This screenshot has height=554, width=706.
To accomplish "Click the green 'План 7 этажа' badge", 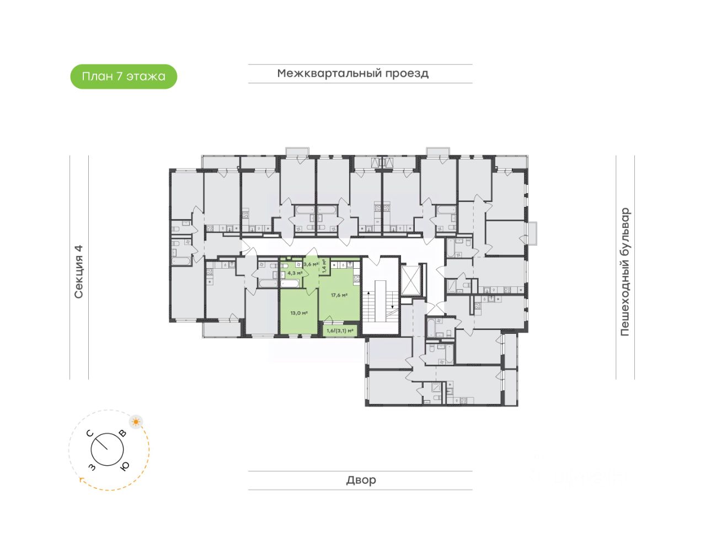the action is point(124,77).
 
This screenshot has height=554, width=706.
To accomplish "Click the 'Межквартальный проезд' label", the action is point(353,73).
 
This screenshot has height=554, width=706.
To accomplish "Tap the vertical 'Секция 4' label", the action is point(79,271).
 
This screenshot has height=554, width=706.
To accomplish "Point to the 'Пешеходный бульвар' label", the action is point(625,271).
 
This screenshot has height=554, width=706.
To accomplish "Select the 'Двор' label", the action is point(361,480).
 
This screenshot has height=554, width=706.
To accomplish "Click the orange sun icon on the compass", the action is point(136,422).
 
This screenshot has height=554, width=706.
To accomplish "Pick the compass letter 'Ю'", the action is point(125,466).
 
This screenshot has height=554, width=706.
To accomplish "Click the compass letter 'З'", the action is point(92,467).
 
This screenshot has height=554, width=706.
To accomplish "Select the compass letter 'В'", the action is point(122,433).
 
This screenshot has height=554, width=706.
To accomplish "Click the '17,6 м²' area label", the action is point(339,295).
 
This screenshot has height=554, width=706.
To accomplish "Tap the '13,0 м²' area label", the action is point(298,313).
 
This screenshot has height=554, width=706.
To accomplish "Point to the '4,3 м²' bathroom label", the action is point(295,273).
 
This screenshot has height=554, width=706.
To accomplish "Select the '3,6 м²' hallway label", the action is point(311,264).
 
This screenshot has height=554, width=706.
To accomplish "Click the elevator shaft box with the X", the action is point(411,280).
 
